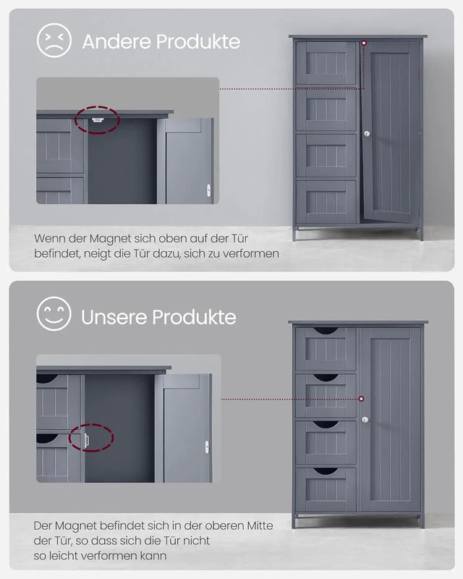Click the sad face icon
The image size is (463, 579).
(x=54, y=41)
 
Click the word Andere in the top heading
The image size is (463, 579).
(x=114, y=41)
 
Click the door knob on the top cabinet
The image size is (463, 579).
(x=367, y=134)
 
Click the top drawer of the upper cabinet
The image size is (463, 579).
(x=326, y=63)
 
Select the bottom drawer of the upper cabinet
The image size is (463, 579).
(x=326, y=202)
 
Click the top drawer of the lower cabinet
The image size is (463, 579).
(x=326, y=348)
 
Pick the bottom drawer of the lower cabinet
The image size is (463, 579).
(x=326, y=489)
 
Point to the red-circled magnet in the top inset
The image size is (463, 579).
(x=96, y=119)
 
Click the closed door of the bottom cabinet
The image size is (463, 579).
(x=391, y=420)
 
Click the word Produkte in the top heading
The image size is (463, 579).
(x=197, y=41)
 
